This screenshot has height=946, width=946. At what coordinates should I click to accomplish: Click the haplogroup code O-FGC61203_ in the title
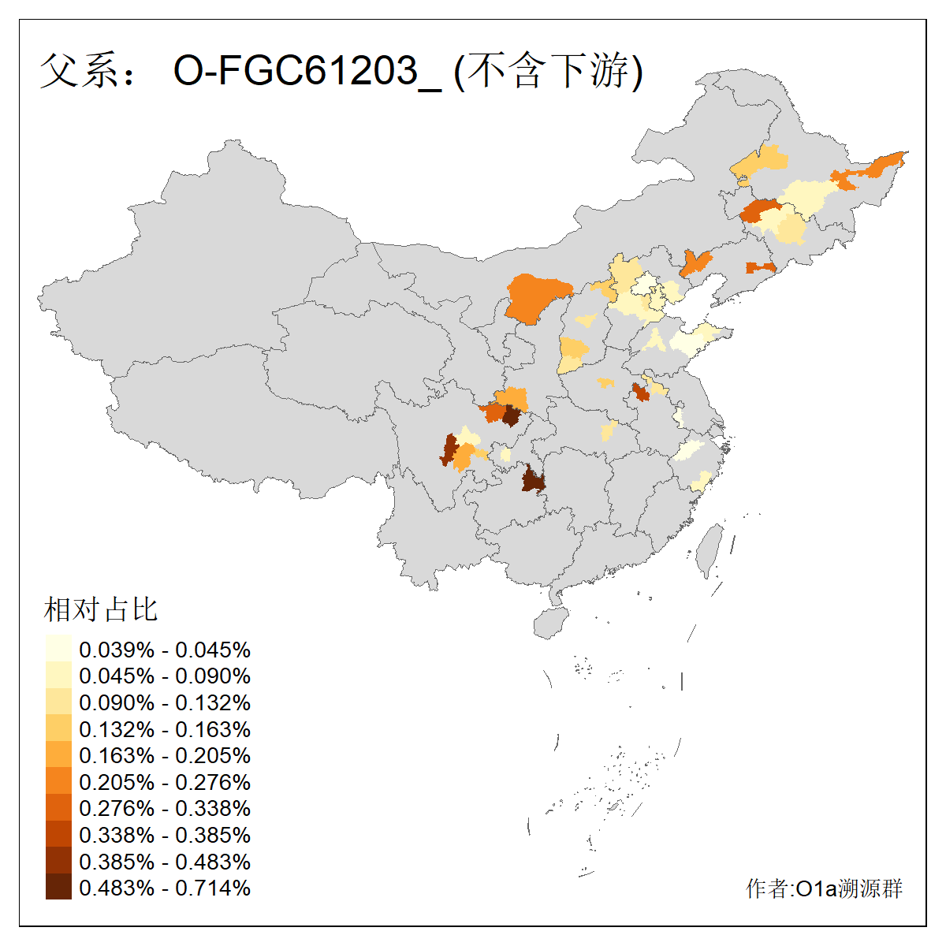tap(307, 72)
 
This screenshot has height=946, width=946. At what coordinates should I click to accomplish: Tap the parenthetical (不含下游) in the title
tap(549, 72)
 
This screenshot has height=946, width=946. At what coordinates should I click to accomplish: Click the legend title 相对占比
tap(101, 609)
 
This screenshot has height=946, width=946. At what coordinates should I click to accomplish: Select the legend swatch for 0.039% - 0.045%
tap(58, 650)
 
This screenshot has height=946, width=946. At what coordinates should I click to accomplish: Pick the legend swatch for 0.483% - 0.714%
tap(58, 888)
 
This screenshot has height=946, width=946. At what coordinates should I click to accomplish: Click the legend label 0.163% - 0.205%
tap(165, 755)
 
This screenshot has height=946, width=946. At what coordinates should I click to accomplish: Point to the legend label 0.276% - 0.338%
tap(165, 808)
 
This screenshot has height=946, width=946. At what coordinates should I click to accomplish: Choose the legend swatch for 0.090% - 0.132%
tap(58, 702)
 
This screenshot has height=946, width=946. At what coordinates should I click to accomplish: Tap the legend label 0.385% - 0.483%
tap(165, 862)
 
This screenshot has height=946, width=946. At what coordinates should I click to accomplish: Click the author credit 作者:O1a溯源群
tap(824, 888)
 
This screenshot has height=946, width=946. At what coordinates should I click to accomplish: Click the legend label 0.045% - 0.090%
tap(165, 676)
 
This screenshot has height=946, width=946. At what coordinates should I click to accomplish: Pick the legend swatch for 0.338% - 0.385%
tap(58, 835)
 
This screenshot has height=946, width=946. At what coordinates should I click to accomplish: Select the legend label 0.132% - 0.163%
tap(165, 729)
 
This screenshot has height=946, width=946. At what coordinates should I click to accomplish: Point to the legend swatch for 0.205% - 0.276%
tap(58, 782)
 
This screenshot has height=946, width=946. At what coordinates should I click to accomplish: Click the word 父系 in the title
tap(76, 72)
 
